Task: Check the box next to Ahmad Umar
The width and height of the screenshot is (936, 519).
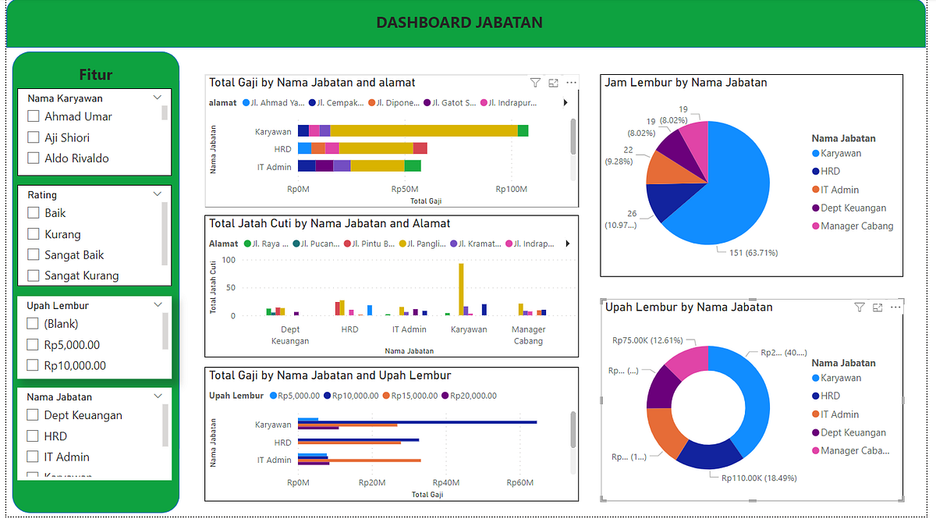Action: (34, 116)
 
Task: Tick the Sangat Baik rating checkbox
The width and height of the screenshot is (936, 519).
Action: (34, 254)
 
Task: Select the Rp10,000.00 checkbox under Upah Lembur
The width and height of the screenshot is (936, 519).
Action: (33, 365)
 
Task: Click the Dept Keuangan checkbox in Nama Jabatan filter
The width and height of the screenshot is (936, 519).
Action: (33, 415)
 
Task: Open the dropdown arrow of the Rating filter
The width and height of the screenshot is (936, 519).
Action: (158, 194)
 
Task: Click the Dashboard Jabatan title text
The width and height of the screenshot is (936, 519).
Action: (459, 23)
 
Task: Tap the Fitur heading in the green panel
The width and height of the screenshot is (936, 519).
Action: (96, 75)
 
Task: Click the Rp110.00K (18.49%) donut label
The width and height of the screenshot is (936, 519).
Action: (758, 478)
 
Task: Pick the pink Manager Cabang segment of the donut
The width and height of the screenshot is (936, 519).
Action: (687, 361)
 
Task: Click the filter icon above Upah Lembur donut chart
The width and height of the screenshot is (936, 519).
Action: (859, 307)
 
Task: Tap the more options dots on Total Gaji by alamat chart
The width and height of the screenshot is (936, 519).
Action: (572, 83)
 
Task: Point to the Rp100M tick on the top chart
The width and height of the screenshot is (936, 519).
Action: (511, 189)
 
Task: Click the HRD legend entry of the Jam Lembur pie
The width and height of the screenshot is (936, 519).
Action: (830, 172)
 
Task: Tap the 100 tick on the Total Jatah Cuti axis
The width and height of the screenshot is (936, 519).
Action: (229, 259)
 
